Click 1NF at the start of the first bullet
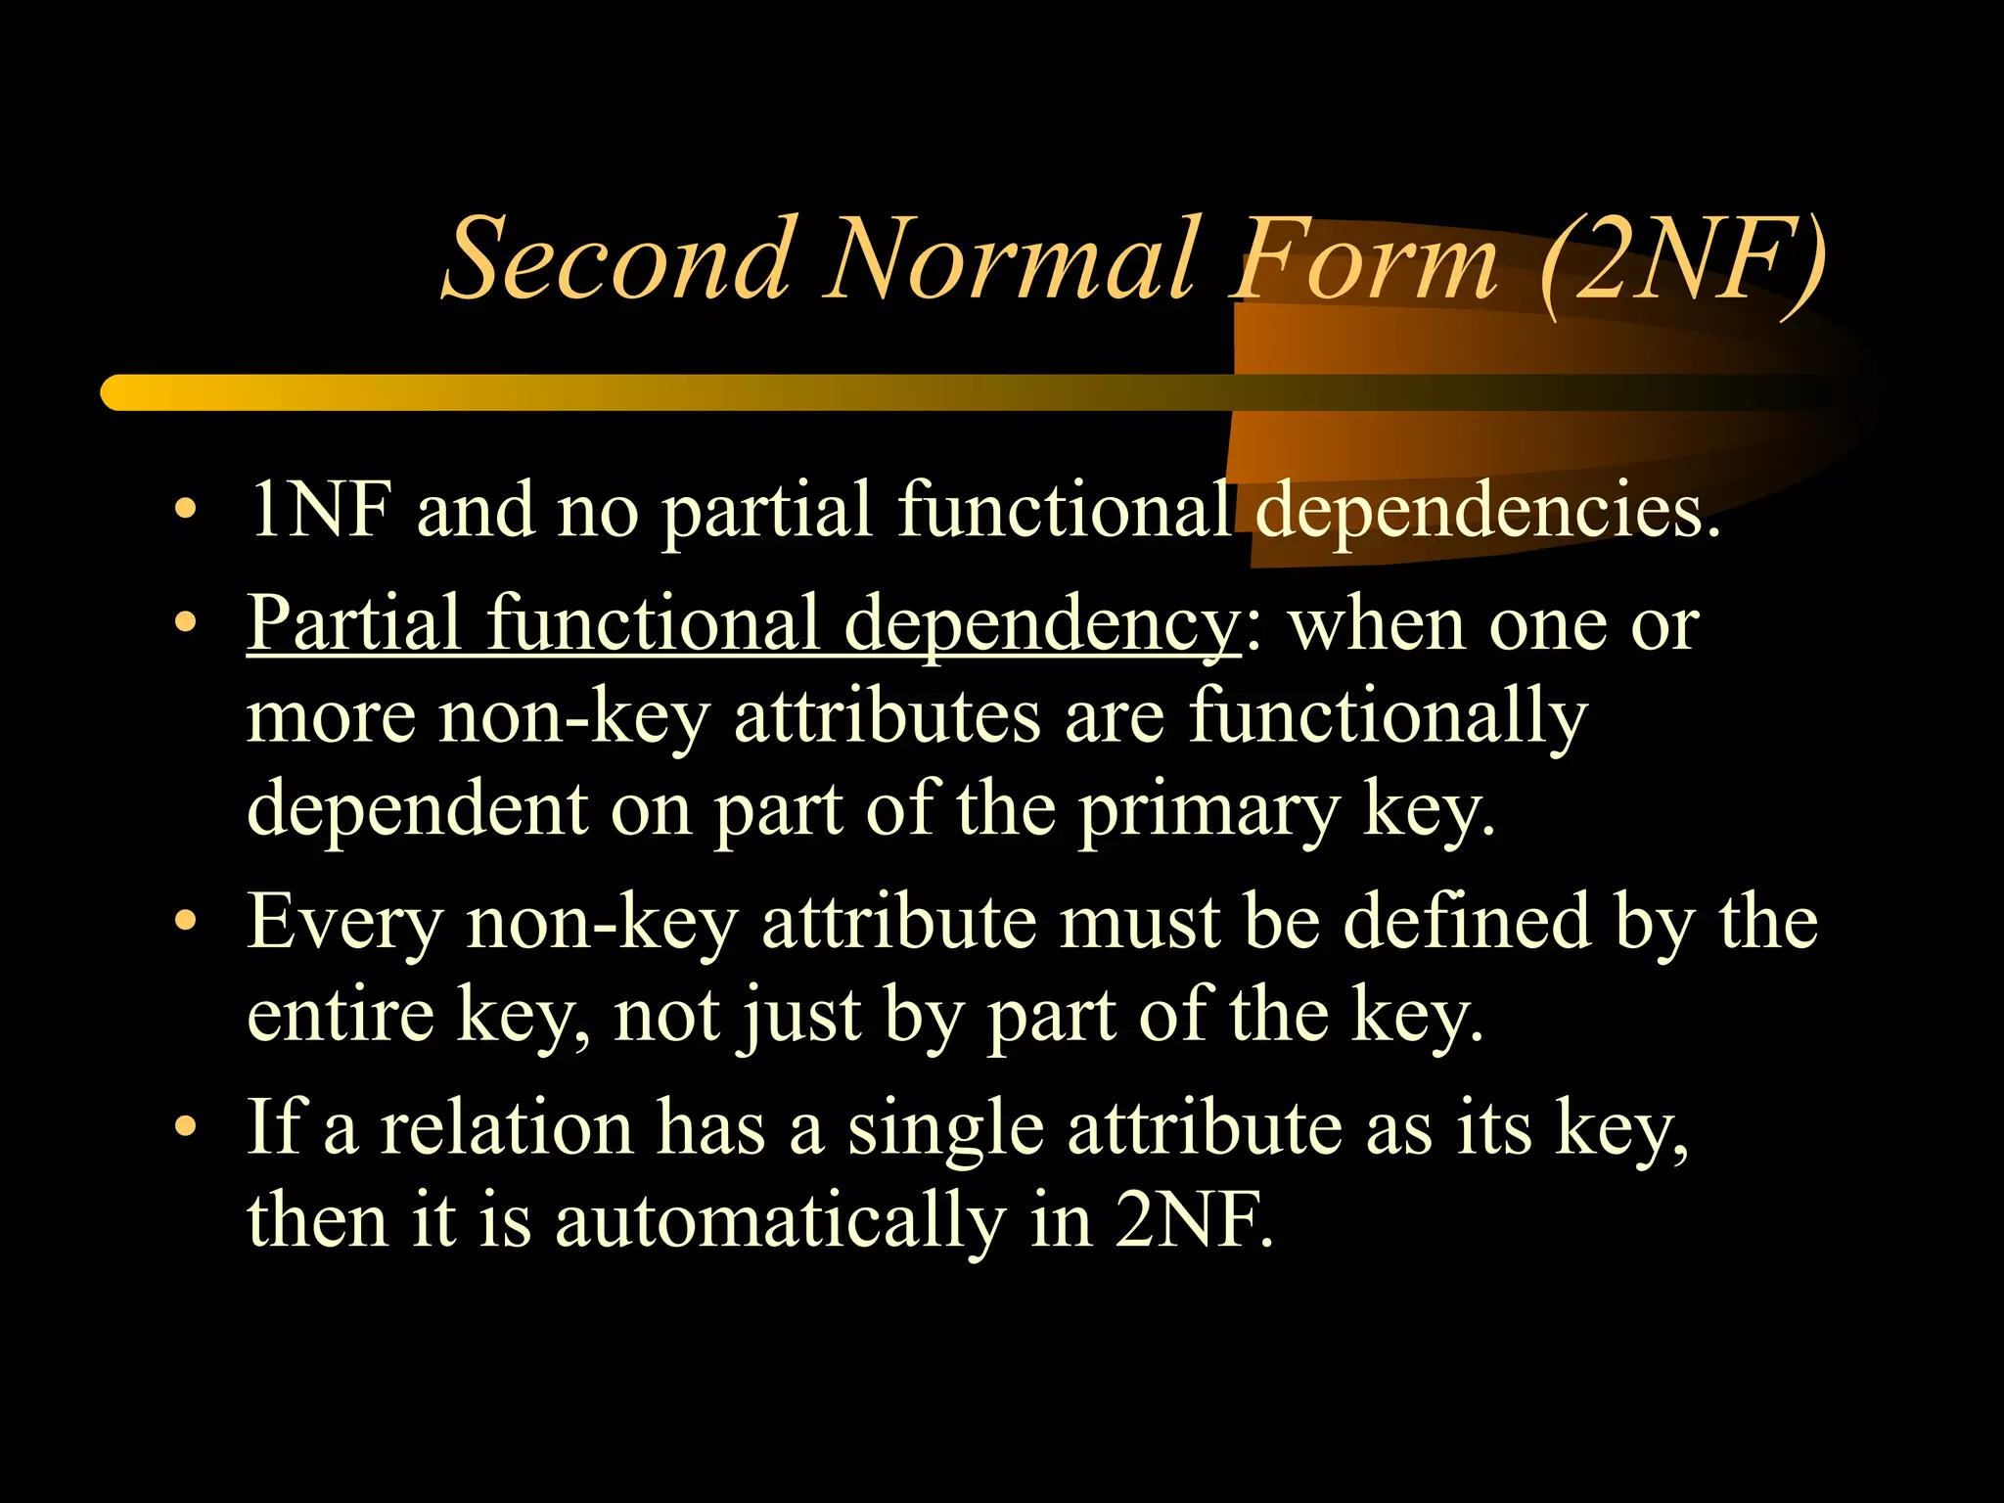320,510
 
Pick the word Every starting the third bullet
344,924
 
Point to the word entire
341,1016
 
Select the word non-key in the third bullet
602,924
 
